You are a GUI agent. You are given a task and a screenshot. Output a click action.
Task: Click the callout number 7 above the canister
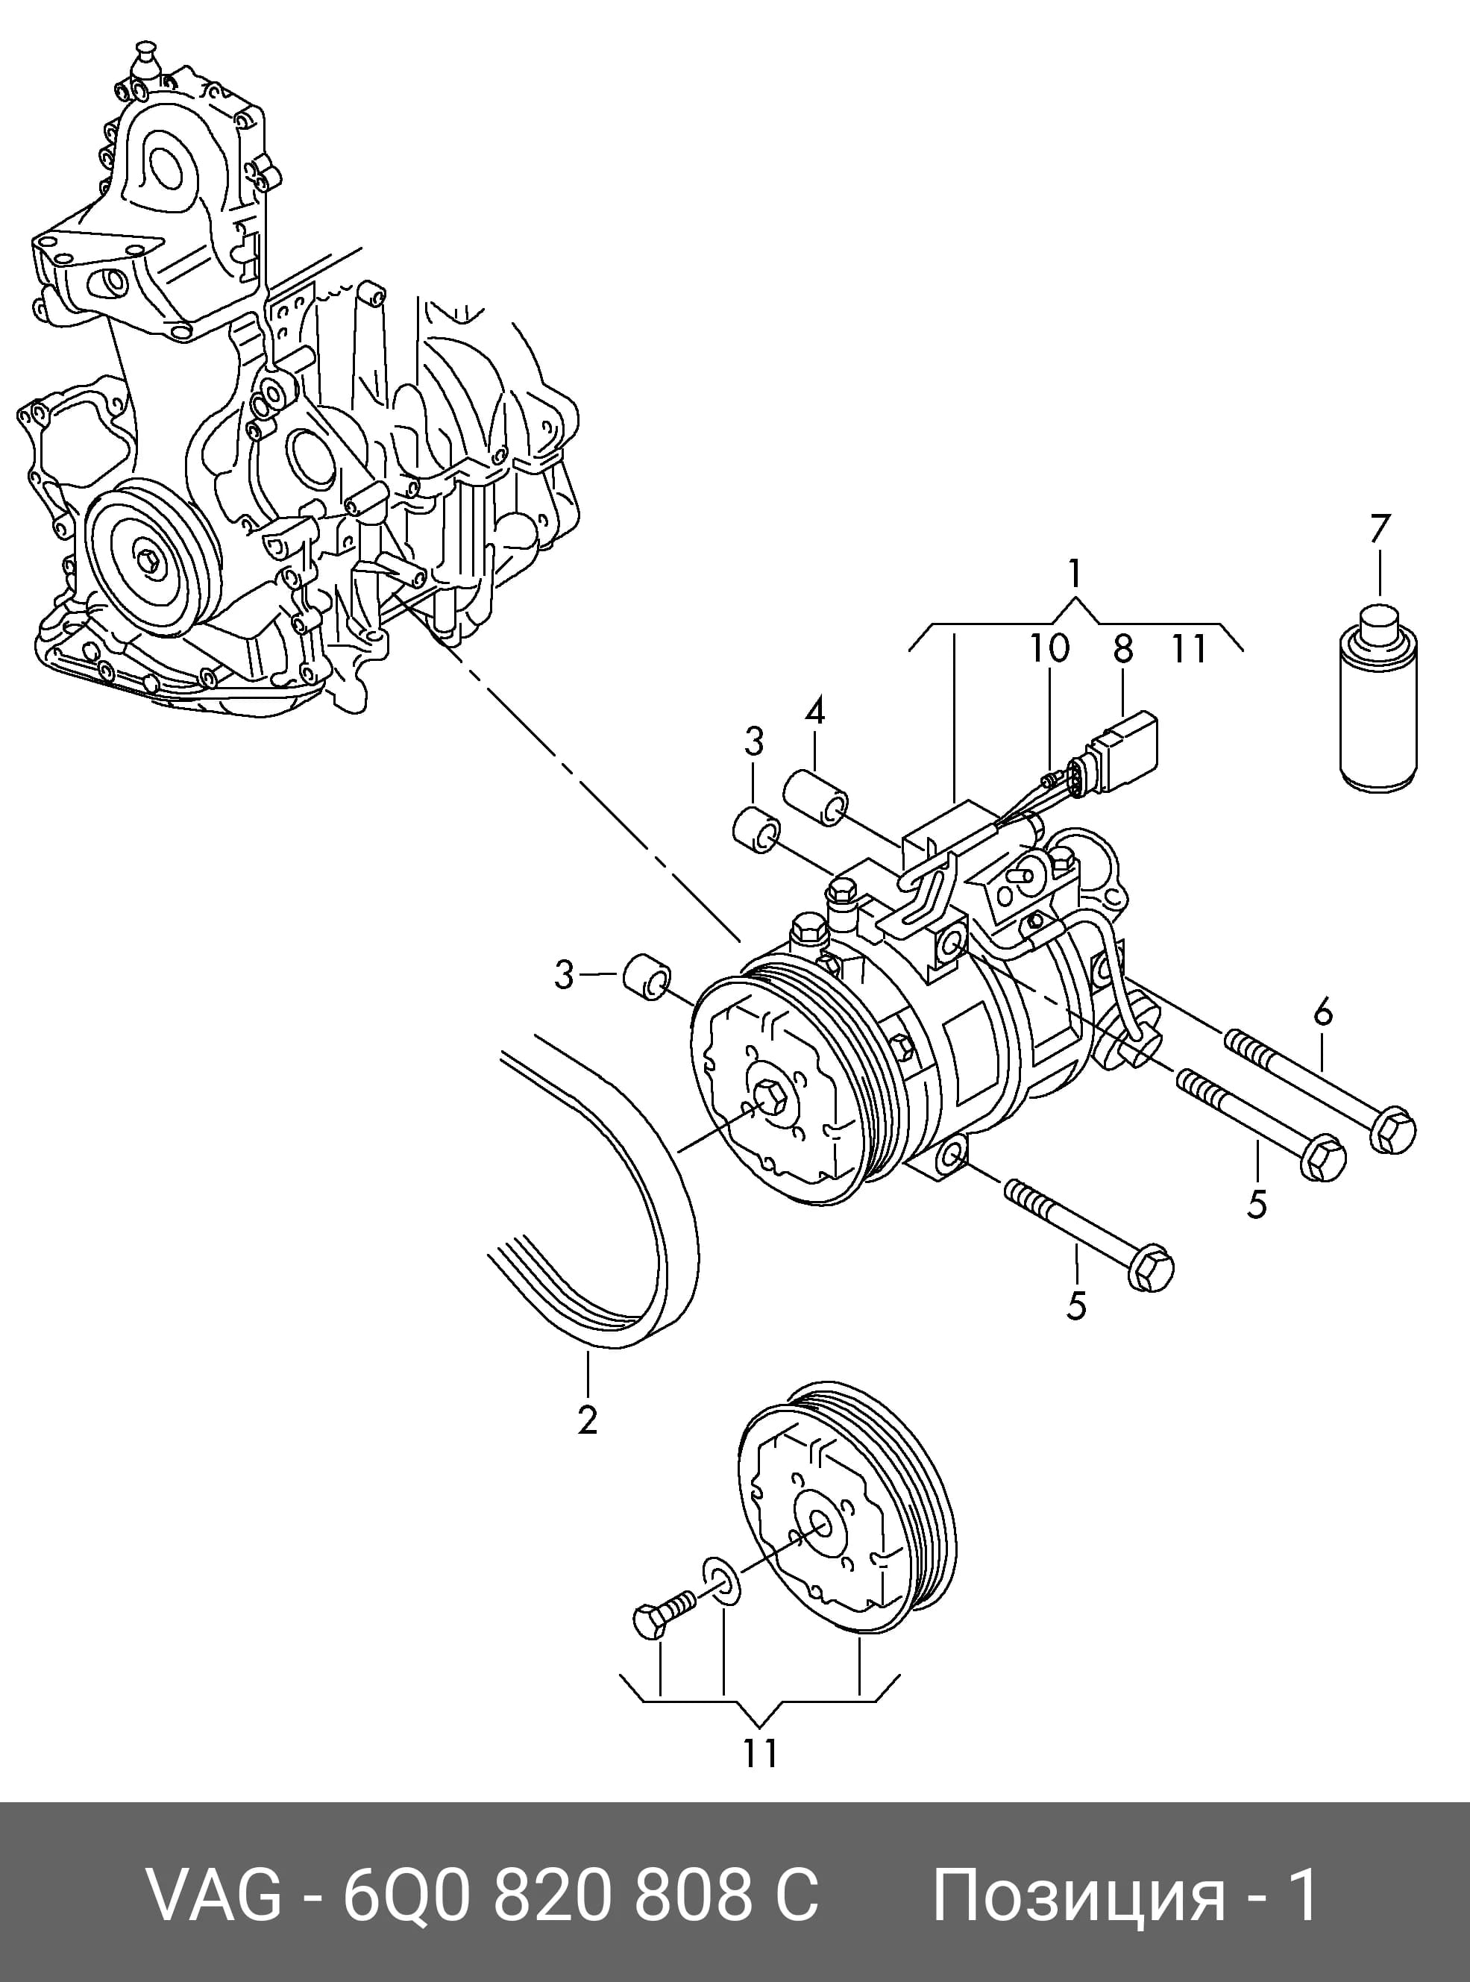pos(1379,529)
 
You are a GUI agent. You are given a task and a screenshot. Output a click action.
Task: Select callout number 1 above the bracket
pos(1075,574)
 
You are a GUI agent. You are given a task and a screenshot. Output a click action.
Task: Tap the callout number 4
pos(815,711)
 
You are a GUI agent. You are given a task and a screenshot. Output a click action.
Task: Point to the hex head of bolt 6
pos(1395,1129)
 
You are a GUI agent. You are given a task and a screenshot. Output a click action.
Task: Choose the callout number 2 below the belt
pos(586,1419)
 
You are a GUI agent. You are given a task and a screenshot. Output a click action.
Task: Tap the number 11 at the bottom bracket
pos(760,1752)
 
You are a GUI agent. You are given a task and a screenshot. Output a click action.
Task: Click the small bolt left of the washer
pos(665,1612)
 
